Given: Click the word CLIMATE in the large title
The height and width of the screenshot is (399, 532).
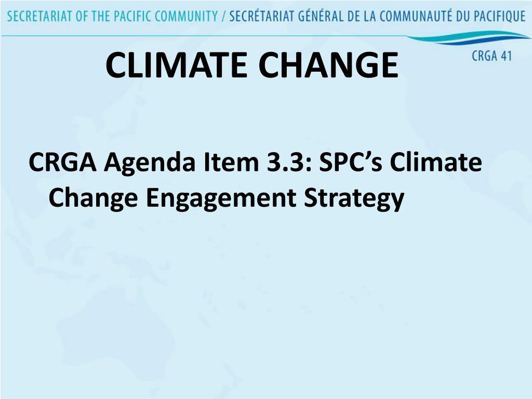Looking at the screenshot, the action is pyautogui.click(x=177, y=65).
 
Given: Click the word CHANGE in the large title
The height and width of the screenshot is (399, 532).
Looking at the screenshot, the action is pyautogui.click(x=328, y=65).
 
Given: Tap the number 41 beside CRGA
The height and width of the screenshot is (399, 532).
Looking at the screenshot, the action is pyautogui.click(x=506, y=56).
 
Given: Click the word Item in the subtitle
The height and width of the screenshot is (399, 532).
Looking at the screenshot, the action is pyautogui.click(x=231, y=162).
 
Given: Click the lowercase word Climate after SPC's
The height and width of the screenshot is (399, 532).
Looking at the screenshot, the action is pyautogui.click(x=436, y=162).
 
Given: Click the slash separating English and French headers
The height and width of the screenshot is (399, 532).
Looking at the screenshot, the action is pyautogui.click(x=223, y=17).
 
